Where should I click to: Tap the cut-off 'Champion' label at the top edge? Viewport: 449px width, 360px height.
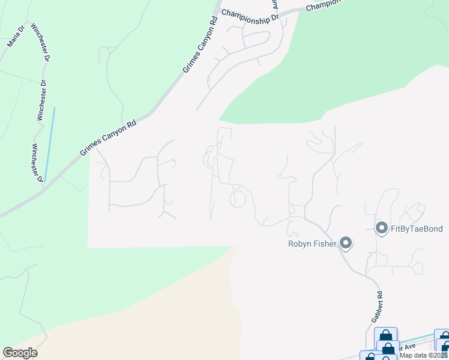(322, 6)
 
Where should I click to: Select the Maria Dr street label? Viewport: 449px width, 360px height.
(16, 37)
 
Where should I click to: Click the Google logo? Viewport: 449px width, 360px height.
(20, 353)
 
